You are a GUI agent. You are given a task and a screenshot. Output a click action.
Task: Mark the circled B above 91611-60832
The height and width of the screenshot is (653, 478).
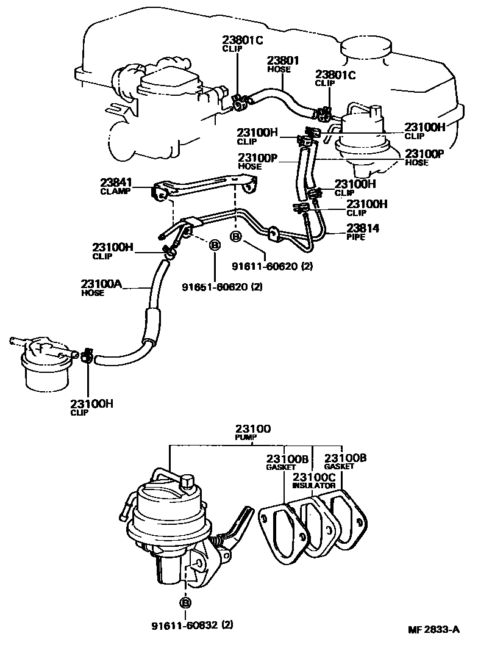pyautogui.click(x=185, y=602)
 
